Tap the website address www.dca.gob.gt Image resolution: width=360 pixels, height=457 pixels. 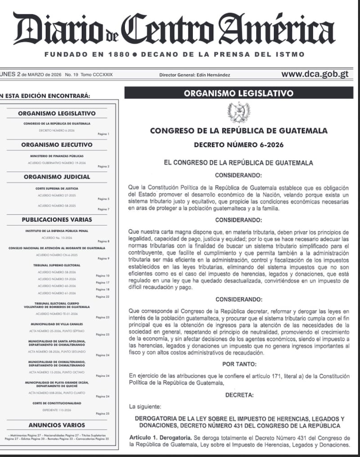pos(315,74)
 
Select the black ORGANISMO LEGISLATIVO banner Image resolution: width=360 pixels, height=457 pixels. pos(238,93)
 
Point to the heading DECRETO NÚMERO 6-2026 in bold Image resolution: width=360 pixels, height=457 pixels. pos(238,145)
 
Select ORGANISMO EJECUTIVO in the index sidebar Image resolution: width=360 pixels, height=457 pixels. pos(57,145)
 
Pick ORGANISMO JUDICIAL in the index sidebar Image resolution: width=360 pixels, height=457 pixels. pos(57,177)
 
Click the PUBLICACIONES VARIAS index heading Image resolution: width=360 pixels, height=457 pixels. pos(57,220)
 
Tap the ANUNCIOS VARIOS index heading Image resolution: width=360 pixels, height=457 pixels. pos(57,425)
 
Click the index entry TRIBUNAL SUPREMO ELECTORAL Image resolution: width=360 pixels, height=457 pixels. pos(57,265)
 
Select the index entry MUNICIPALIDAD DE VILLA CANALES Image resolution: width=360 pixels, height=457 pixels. pos(57,324)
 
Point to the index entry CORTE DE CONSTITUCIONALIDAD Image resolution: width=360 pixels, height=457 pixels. pos(57,403)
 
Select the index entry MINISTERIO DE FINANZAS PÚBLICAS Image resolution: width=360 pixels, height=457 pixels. pos(57,155)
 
